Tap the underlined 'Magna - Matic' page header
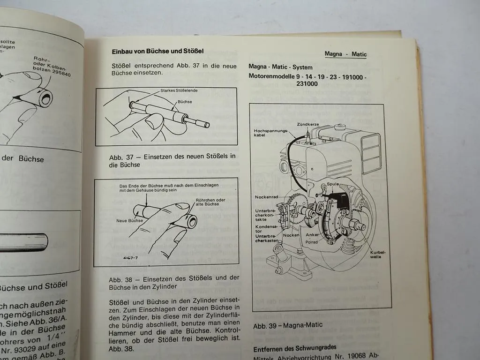tap(345, 54)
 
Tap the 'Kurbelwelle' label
tap(379, 254)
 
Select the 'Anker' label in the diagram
tap(312, 235)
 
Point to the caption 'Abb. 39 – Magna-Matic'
tap(287, 324)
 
